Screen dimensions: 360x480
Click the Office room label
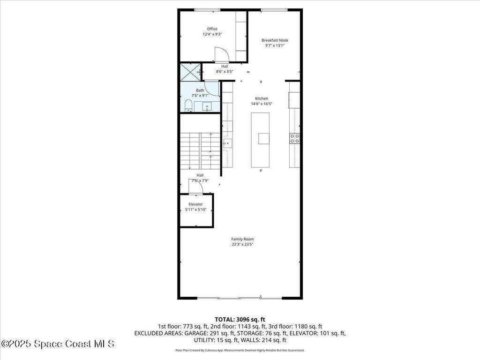(x=212, y=29)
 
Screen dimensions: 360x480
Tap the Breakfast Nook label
(x=275, y=40)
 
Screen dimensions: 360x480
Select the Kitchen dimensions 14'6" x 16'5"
(x=262, y=104)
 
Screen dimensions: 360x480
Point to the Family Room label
(x=242, y=239)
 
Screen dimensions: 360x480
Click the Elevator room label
(x=195, y=204)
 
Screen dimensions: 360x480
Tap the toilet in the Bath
(x=188, y=105)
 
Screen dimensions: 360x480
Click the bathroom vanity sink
(x=207, y=107)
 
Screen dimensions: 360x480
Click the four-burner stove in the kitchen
(x=295, y=138)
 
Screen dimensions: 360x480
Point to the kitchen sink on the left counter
(x=227, y=142)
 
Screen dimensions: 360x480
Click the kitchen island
(x=260, y=140)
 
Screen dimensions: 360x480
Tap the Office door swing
(x=222, y=55)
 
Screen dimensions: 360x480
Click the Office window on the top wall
(x=207, y=10)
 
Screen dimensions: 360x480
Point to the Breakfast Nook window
(x=274, y=10)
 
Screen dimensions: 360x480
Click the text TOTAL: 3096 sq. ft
(x=240, y=319)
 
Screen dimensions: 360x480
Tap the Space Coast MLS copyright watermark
(x=57, y=344)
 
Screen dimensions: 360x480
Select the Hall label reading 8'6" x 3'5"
(x=225, y=69)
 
